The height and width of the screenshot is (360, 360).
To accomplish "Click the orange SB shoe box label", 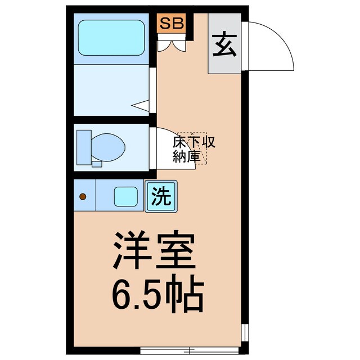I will (x=172, y=24).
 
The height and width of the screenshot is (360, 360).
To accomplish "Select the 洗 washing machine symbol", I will (x=161, y=196).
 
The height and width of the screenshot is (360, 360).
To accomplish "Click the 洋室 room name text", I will (x=155, y=252).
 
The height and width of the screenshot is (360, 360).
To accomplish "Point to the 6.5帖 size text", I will (x=157, y=296).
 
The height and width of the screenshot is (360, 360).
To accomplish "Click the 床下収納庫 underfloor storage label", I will (x=193, y=149).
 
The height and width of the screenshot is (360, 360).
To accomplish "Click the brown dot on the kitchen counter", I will (x=83, y=196).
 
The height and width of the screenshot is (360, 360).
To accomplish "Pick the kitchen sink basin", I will (x=125, y=196).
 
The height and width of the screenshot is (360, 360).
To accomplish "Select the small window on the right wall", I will (x=245, y=332).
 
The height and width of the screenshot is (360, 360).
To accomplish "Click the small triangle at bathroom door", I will (x=142, y=105).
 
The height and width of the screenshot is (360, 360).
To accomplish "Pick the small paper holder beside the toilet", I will (x=96, y=164).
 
